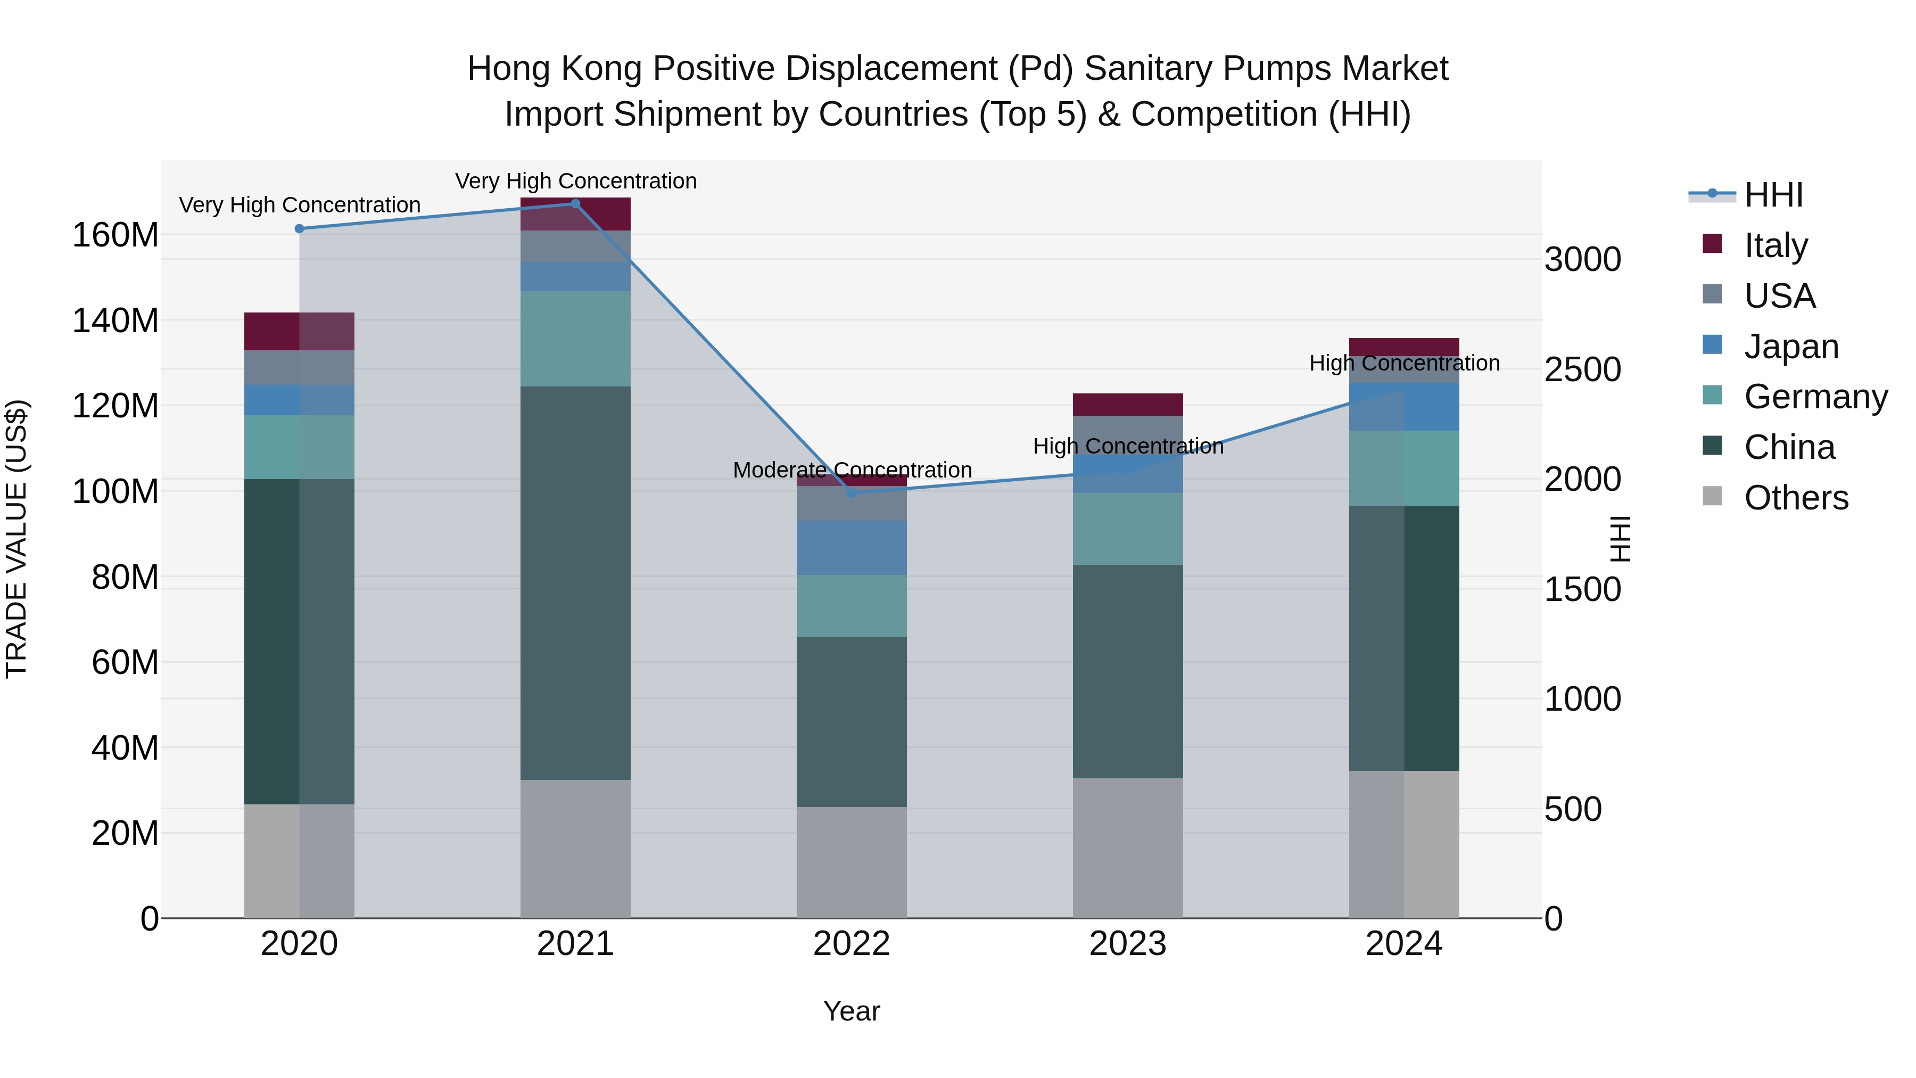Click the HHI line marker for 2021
pyautogui.click(x=575, y=204)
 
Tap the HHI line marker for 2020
pyautogui.click(x=299, y=228)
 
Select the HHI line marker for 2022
pyautogui.click(x=852, y=492)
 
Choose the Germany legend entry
pyautogui.click(x=1815, y=397)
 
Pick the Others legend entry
pyautogui.click(x=1796, y=498)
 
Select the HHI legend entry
pyautogui.click(x=1773, y=195)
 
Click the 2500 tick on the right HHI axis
pyautogui.click(x=1583, y=370)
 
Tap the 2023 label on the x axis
pyautogui.click(x=1128, y=944)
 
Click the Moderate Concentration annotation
pyautogui.click(x=853, y=470)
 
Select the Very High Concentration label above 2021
pyautogui.click(x=576, y=181)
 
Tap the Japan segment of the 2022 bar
pyautogui.click(x=852, y=548)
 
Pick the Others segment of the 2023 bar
pyautogui.click(x=1128, y=848)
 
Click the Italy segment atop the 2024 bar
pyautogui.click(x=1403, y=347)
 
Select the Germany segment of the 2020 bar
pyautogui.click(x=299, y=447)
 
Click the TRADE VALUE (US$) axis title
pyautogui.click(x=16, y=539)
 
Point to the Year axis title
pyautogui.click(x=852, y=1011)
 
